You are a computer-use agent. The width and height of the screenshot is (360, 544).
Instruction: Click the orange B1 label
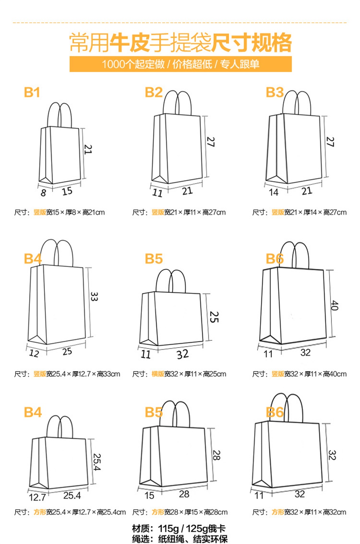(32, 92)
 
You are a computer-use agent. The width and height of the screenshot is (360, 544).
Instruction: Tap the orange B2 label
(154, 92)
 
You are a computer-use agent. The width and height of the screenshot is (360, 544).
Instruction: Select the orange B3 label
(275, 92)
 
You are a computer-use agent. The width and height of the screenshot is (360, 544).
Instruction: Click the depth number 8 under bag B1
(43, 193)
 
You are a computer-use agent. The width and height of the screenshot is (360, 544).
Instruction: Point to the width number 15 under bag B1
(67, 191)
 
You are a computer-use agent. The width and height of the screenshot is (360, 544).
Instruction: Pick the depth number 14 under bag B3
(274, 192)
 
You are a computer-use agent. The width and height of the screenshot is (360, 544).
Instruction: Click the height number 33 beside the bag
(94, 296)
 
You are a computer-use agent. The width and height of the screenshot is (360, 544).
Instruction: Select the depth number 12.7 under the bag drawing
(37, 497)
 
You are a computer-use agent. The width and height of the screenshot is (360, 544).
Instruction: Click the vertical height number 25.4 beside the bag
(97, 462)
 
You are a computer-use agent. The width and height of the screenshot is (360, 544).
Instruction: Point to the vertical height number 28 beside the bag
(216, 455)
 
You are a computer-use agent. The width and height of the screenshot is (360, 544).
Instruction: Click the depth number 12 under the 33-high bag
(34, 353)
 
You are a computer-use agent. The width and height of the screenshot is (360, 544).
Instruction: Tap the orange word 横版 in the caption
(158, 374)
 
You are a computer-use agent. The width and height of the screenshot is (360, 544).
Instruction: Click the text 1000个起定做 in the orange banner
(133, 64)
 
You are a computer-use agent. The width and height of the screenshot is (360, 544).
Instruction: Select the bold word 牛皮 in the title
(129, 43)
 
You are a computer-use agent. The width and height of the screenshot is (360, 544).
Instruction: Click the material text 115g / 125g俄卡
(192, 529)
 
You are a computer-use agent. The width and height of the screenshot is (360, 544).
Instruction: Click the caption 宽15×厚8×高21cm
(75, 213)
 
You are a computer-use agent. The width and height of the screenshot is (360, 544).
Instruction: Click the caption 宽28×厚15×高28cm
(196, 512)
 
